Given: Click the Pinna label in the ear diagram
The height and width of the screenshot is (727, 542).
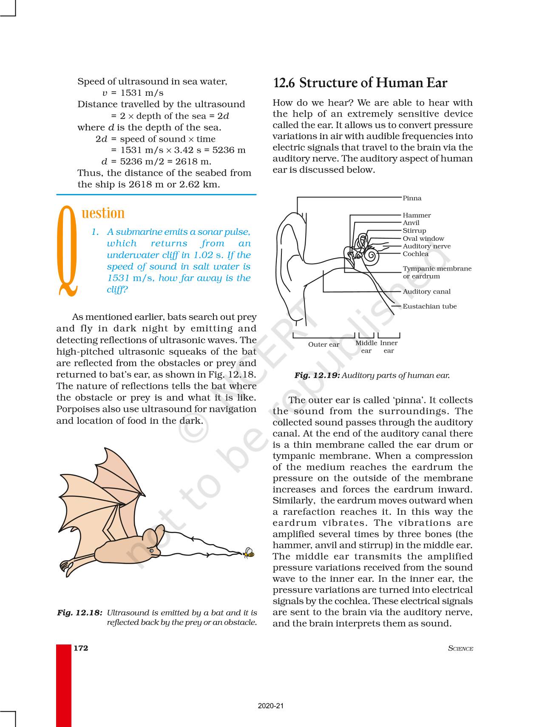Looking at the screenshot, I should (x=412, y=198).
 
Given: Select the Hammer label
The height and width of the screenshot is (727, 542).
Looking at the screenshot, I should (x=417, y=215).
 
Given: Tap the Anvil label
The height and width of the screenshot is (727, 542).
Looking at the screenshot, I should (x=411, y=223).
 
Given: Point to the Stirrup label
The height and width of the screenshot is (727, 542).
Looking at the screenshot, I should (x=414, y=231).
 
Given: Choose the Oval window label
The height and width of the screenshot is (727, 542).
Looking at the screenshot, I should (x=423, y=239).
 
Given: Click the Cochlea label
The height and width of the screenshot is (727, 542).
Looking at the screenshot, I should (x=415, y=254).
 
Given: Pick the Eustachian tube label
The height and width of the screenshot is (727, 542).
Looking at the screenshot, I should (x=429, y=306).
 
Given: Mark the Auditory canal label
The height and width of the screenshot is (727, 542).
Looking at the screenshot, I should (x=426, y=291).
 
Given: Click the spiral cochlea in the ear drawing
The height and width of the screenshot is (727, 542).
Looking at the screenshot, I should (x=371, y=255).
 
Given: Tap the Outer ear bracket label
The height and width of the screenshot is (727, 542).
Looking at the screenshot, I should (x=323, y=345).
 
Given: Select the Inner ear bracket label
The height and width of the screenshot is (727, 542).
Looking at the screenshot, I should (x=389, y=347).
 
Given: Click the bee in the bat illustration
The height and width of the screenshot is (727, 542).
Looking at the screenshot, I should (x=249, y=553).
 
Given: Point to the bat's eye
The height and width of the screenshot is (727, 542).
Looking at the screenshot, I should (x=152, y=550).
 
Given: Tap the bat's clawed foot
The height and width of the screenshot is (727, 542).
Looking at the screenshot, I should (x=66, y=566).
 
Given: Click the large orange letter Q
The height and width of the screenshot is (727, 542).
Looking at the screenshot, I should (x=68, y=251).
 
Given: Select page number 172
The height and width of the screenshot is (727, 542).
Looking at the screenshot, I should (x=81, y=648).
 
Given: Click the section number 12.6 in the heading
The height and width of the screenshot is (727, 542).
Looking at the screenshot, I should (x=284, y=83).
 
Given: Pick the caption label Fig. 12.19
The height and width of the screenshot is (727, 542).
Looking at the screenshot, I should (x=317, y=375).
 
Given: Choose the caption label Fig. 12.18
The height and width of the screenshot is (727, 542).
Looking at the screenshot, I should (x=79, y=613).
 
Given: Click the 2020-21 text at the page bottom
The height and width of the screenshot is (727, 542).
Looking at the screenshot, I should (x=270, y=706).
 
